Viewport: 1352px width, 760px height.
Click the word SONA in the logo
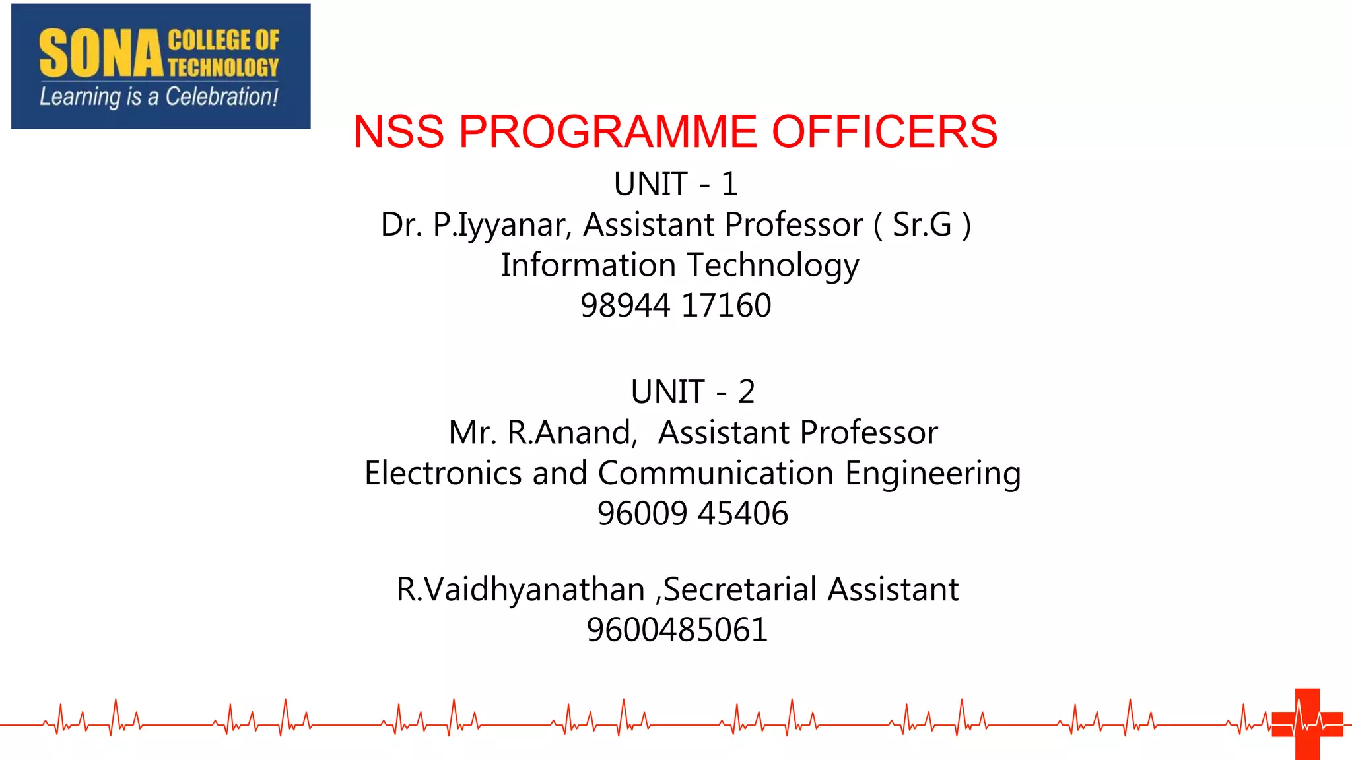[x=100, y=54]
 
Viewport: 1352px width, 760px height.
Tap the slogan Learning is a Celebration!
[x=158, y=97]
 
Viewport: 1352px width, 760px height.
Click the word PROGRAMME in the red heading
[x=607, y=131]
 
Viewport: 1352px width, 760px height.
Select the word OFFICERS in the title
[x=885, y=131]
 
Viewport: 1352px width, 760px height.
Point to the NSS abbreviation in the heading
[x=399, y=131]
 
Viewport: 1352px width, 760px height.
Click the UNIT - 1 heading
[x=675, y=183]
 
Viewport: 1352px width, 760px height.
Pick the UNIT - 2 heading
[x=693, y=392]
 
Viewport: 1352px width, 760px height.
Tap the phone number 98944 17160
[x=675, y=305]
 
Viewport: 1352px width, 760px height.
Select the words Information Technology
[x=680, y=265]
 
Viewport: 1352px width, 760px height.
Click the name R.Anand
[x=572, y=433]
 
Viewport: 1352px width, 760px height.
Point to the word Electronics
[x=443, y=474]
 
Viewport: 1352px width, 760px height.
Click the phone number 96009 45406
[x=693, y=514]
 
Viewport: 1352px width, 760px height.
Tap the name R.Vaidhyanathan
[x=520, y=589]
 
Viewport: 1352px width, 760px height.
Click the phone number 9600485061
[x=677, y=630]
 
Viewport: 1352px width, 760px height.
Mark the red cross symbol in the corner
[x=1307, y=724]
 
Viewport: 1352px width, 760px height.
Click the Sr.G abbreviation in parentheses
[x=922, y=225]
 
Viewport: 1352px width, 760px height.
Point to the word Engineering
[x=933, y=474]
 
